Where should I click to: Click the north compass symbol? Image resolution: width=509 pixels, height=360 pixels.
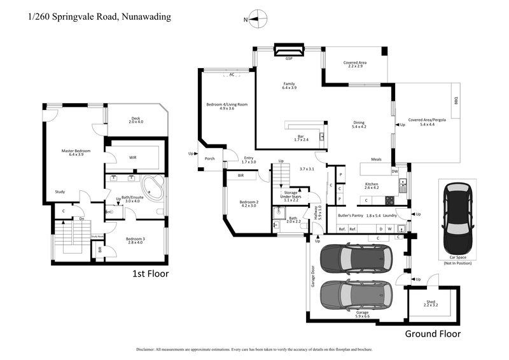[x=256, y=19]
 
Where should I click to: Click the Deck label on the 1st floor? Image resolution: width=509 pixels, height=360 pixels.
[x=135, y=118]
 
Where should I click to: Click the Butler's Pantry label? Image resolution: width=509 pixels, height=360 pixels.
[x=350, y=216]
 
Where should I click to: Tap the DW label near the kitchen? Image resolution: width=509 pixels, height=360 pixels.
[x=394, y=170]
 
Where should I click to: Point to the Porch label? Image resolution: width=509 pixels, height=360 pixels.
[x=209, y=158]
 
